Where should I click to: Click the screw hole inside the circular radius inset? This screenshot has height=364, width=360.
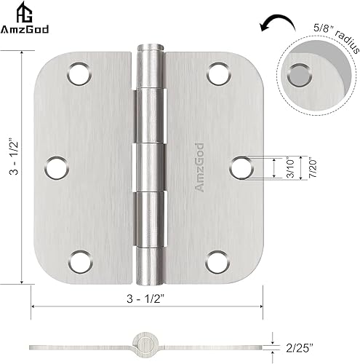coord(298,74)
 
